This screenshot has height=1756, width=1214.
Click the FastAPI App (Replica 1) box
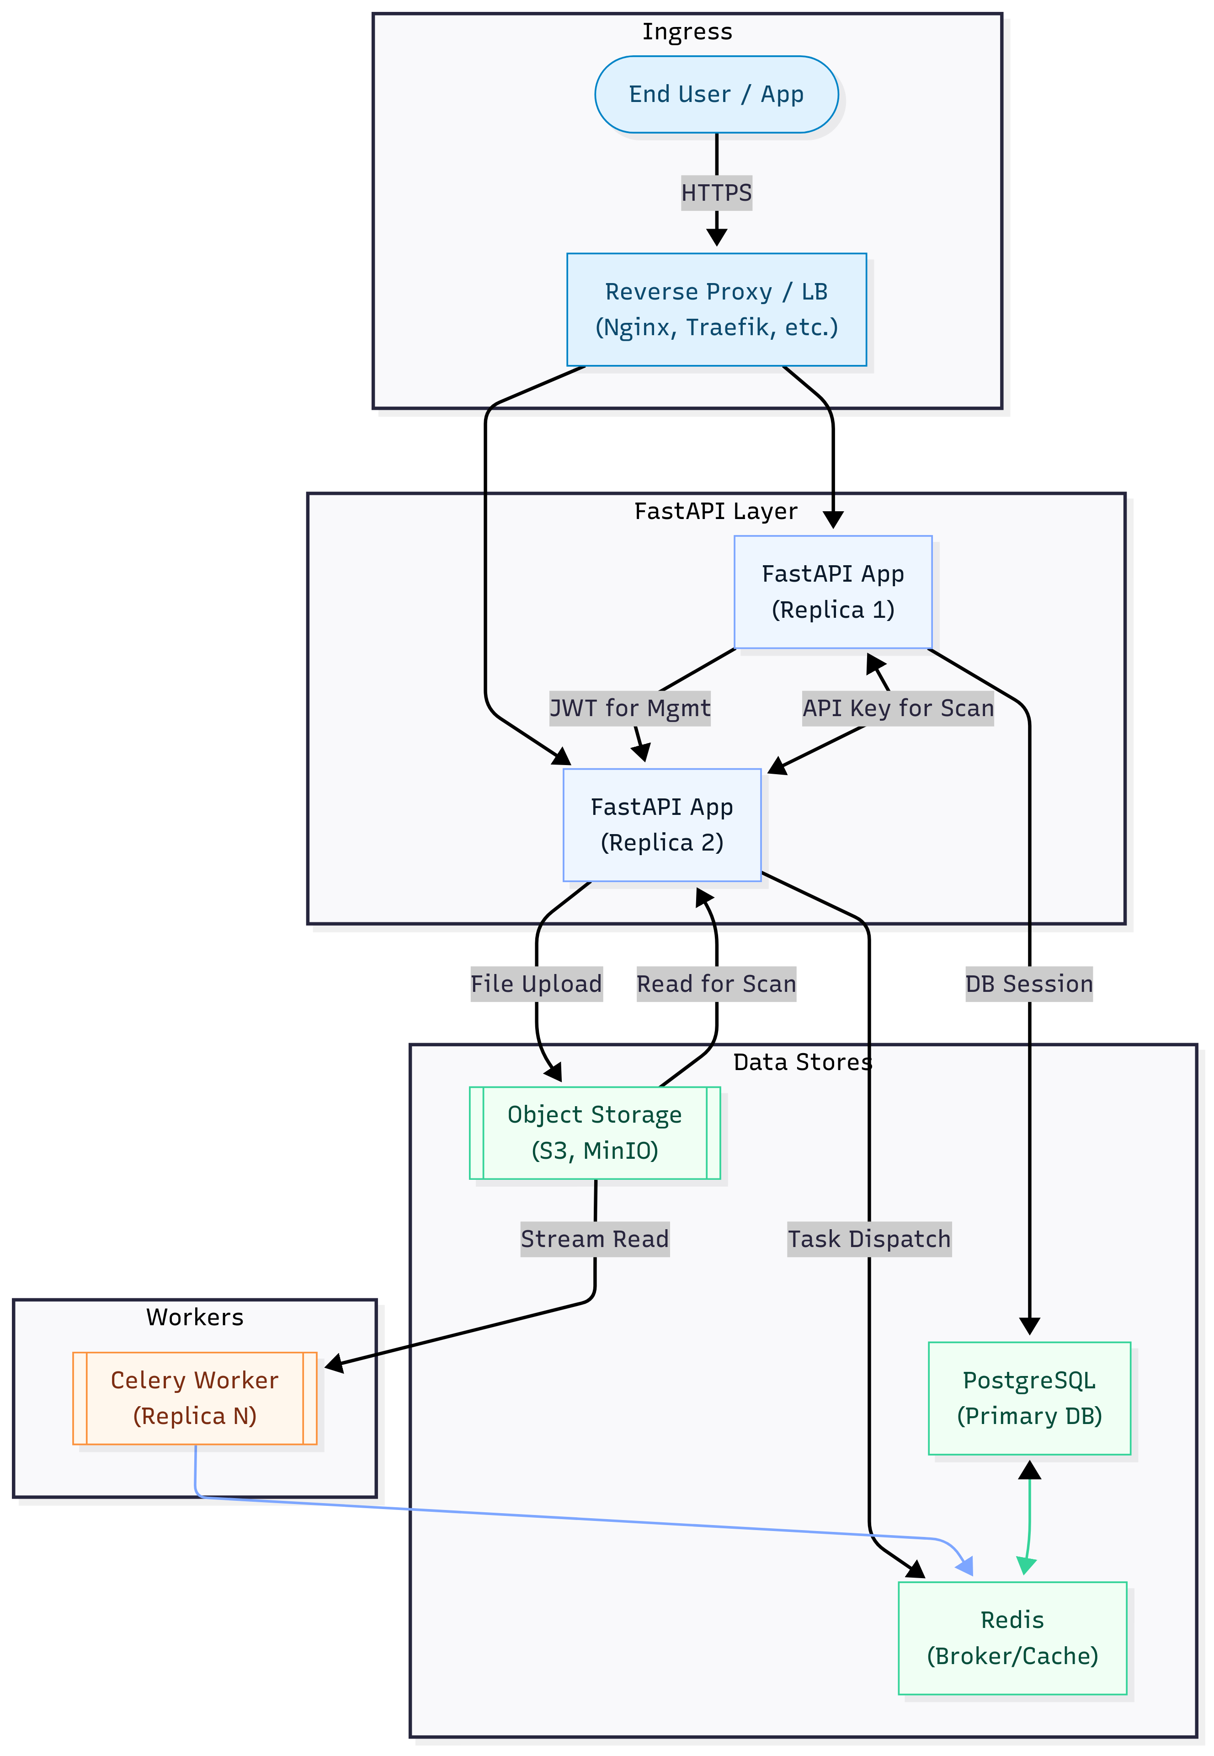(x=832, y=592)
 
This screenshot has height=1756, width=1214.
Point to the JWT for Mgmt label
(x=630, y=708)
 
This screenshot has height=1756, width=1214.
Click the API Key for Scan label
(x=898, y=708)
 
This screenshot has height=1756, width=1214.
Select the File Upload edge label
(x=536, y=984)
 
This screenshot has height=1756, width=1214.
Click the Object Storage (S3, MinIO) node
(x=594, y=1132)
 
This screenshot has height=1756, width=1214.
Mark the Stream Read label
(x=594, y=1239)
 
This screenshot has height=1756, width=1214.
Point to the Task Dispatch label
(x=868, y=1239)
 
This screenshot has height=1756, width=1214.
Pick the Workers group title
(x=195, y=1317)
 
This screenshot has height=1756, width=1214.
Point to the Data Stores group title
(x=803, y=1062)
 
